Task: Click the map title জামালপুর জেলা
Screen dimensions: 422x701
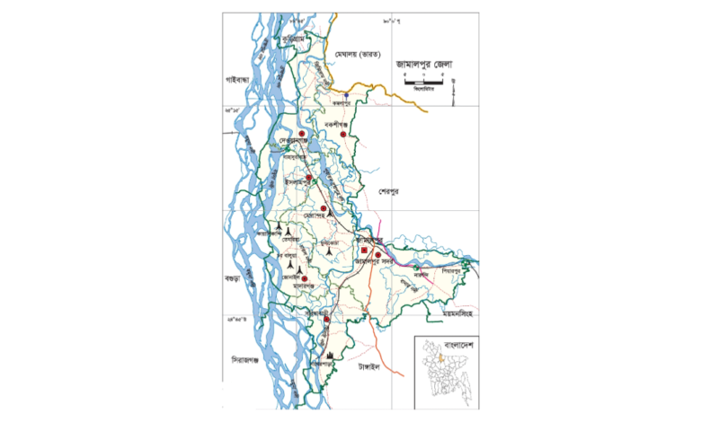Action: coord(424,64)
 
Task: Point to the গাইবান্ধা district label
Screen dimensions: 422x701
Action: coord(242,81)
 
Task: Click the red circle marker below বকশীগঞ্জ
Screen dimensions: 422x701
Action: coord(342,135)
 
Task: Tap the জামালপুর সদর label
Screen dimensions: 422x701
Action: coord(375,262)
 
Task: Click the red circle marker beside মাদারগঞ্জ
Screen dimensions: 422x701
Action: coord(305,280)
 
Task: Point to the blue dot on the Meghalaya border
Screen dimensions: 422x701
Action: coord(346,93)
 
